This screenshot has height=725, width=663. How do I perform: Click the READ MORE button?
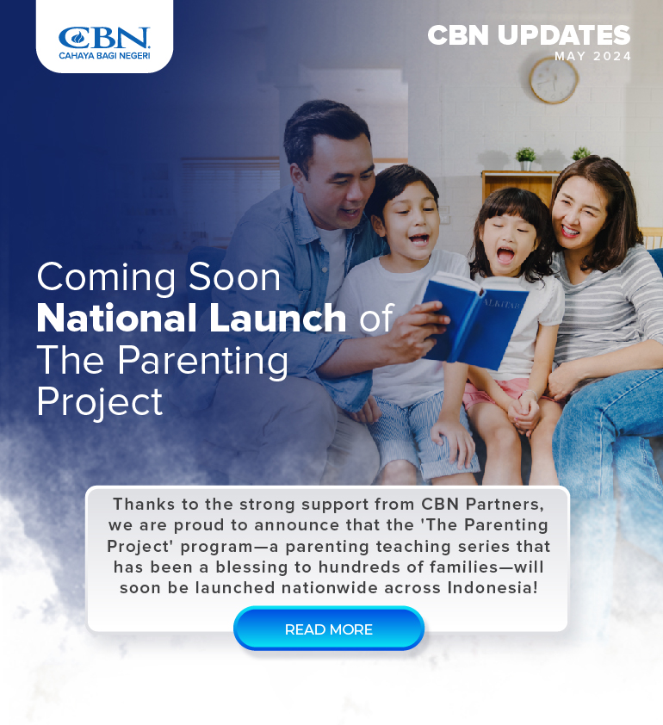(329, 629)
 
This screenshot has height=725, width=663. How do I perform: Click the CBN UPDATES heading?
(529, 35)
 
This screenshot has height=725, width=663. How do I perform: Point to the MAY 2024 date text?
(592, 57)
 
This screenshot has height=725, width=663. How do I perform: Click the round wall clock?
(554, 80)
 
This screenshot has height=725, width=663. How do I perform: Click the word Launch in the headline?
(277, 318)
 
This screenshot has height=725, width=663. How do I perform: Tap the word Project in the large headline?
(99, 402)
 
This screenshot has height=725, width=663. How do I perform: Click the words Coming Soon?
(158, 276)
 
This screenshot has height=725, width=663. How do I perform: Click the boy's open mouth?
(418, 239)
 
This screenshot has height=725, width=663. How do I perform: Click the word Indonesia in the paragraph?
(493, 588)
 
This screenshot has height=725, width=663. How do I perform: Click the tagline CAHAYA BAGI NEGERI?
(104, 55)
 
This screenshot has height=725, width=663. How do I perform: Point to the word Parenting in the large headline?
(202, 362)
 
